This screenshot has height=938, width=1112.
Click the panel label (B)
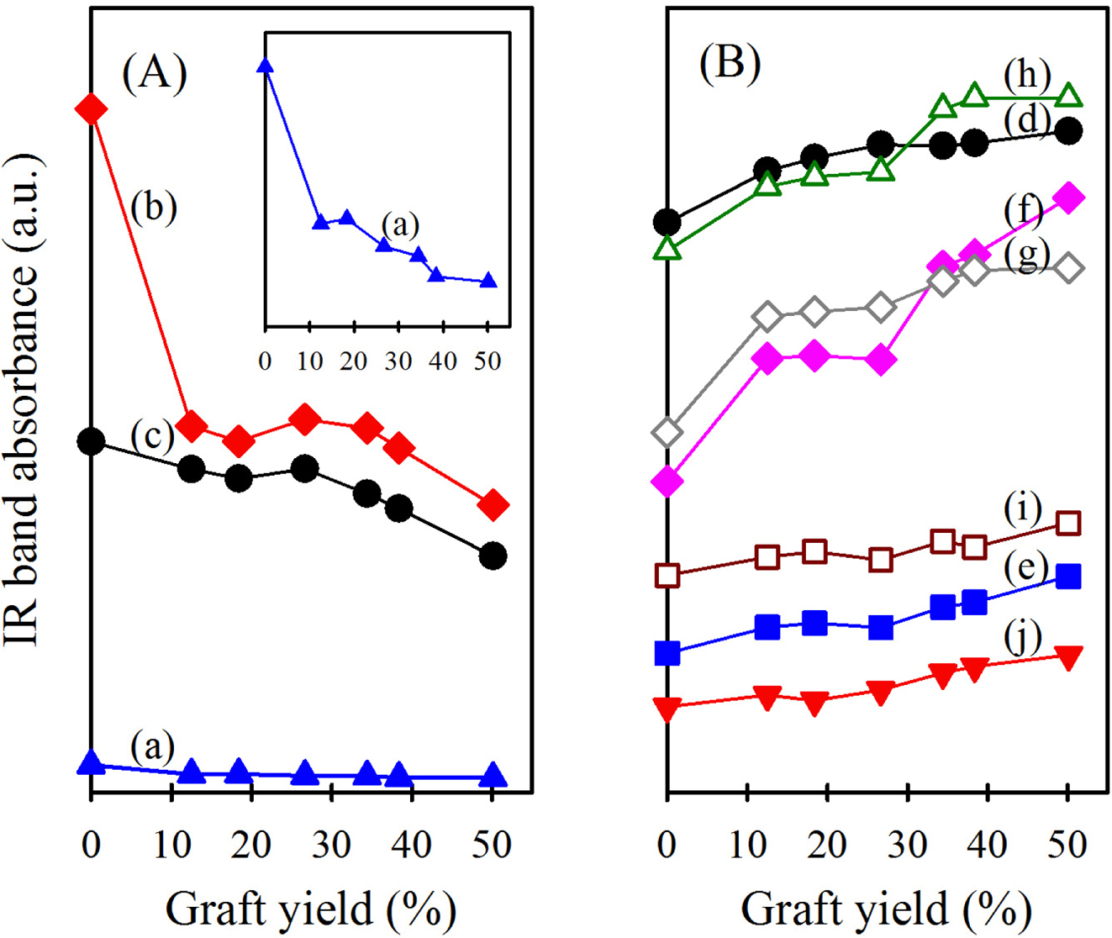[730, 62]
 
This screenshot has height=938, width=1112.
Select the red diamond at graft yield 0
[91, 108]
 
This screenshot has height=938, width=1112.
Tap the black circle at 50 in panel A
[493, 556]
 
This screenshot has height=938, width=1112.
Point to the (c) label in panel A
[152, 435]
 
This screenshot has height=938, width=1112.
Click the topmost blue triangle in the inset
[266, 66]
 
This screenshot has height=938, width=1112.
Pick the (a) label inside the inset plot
[400, 224]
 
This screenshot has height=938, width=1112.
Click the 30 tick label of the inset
[398, 361]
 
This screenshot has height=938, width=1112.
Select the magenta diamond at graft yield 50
[1067, 198]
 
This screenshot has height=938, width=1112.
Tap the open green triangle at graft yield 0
[667, 248]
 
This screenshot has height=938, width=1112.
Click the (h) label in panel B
[1027, 76]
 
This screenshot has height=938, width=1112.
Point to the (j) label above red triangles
[1022, 636]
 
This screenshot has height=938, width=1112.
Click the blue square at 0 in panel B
[667, 653]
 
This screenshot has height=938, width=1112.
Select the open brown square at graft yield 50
[1067, 523]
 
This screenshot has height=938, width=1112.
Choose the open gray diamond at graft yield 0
[667, 432]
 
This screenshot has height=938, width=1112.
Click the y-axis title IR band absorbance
[23, 399]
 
